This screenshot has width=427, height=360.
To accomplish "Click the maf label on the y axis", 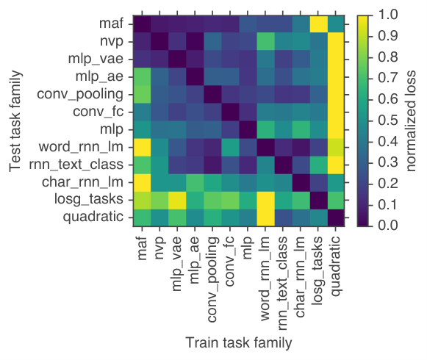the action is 111,24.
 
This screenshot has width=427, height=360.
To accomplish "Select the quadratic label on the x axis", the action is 335,266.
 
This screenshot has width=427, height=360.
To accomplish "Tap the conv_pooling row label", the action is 80,95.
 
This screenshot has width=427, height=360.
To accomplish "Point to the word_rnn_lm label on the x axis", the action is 265,278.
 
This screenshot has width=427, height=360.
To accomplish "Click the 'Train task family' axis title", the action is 239,342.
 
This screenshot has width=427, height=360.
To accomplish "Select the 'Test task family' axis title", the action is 15,121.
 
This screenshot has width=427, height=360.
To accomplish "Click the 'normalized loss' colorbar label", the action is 410,121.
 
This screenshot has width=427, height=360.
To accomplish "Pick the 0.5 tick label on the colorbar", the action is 388,120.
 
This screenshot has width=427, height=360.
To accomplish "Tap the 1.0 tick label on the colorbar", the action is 388,14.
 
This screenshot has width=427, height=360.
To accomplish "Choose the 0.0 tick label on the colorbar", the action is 388,226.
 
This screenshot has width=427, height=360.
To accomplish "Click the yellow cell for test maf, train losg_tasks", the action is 318,24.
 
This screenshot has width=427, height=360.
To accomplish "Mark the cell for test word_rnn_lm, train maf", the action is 142,148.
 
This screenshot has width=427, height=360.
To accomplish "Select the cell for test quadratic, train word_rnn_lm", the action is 265,217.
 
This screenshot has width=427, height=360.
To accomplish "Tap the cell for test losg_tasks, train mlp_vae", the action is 177,200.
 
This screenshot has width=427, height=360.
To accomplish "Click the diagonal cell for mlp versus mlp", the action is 248,129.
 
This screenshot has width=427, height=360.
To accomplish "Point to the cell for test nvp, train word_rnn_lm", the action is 265,42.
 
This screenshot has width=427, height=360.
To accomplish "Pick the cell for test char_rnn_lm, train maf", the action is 142,182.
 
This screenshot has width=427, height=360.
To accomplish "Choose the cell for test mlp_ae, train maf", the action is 142,77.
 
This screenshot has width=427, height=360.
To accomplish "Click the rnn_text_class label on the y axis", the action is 76,165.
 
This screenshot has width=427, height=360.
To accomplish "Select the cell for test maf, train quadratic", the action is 336,24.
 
